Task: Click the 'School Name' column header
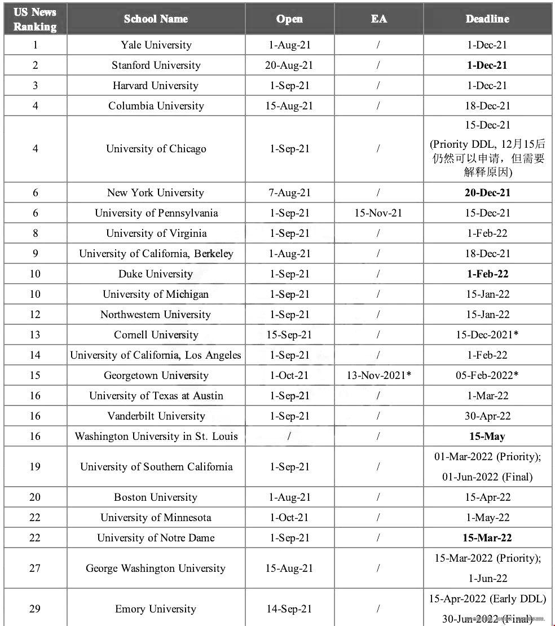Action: tap(156, 19)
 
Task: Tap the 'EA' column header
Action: tap(378, 19)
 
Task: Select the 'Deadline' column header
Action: tap(487, 19)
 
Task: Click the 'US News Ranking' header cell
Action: tap(35, 19)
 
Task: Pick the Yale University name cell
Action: tap(156, 45)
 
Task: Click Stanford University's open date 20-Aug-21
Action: tap(289, 65)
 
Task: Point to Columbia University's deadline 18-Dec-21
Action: tap(487, 106)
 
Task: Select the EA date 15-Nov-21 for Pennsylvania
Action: tap(378, 213)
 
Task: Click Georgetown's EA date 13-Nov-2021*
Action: tap(378, 376)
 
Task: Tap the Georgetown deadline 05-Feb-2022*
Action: tap(487, 376)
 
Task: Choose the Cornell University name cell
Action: tap(156, 335)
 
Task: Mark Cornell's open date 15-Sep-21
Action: tap(289, 335)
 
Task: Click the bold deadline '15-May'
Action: tap(487, 437)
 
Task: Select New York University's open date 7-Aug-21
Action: tap(289, 193)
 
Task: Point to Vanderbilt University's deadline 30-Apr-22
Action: tap(487, 416)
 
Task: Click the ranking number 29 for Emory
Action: tap(35, 609)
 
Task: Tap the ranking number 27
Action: tap(35, 568)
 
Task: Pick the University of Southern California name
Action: tap(156, 467)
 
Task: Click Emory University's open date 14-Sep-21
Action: tap(289, 609)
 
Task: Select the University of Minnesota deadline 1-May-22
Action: tap(487, 518)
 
